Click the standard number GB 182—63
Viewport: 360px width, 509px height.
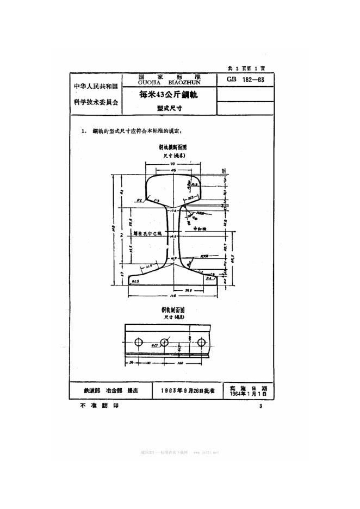[x=245, y=79]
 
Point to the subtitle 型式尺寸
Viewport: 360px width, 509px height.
[x=169, y=108]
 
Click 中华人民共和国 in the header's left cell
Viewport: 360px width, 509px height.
[x=95, y=86]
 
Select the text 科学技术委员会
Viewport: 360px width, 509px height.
[x=95, y=102]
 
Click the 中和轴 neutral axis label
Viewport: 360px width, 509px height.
[x=201, y=229]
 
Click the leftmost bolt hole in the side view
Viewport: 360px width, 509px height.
[x=139, y=343]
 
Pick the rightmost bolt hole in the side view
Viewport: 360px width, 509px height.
[x=202, y=343]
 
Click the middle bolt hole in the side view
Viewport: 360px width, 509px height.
[x=171, y=343]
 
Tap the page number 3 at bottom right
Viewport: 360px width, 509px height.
[x=261, y=406]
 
